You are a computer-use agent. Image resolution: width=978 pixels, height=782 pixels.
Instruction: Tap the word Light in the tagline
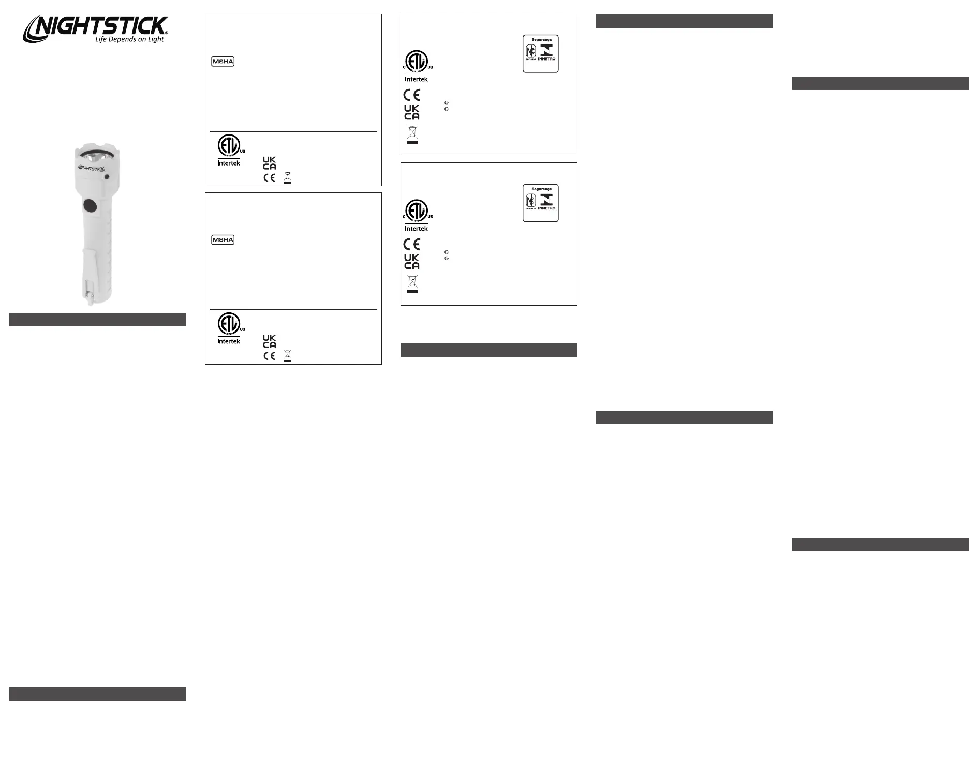pyautogui.click(x=156, y=39)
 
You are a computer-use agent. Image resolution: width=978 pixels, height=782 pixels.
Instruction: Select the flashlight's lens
pyautogui.click(x=97, y=157)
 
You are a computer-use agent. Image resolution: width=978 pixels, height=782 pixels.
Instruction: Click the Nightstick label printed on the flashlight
pyautogui.click(x=92, y=168)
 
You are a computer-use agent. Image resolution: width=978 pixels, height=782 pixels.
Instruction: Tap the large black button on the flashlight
pyautogui.click(x=90, y=206)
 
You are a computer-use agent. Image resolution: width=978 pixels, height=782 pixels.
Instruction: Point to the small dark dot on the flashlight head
pyautogui.click(x=107, y=177)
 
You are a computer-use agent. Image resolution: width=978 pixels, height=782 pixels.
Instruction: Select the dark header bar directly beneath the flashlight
pyautogui.click(x=97, y=320)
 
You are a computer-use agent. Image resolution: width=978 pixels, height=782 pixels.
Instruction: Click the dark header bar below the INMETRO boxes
pyautogui.click(x=488, y=350)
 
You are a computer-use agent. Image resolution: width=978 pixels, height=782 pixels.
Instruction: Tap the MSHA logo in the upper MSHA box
pyautogui.click(x=223, y=62)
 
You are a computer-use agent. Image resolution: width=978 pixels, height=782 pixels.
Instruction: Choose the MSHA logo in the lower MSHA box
pyautogui.click(x=223, y=240)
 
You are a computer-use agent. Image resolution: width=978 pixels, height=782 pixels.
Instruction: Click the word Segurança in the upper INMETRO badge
pyautogui.click(x=541, y=40)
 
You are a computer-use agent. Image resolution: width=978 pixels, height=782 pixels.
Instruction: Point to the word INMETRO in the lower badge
pyautogui.click(x=546, y=208)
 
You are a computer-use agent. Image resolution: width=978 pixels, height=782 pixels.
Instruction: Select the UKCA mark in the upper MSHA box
pyautogui.click(x=269, y=163)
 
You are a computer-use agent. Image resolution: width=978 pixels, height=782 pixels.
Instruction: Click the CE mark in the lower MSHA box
pyautogui.click(x=269, y=356)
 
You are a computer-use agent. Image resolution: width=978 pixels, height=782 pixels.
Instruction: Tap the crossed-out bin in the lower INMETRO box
pyautogui.click(x=412, y=283)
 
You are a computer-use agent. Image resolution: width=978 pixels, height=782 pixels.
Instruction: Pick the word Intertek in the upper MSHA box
pyautogui.click(x=229, y=163)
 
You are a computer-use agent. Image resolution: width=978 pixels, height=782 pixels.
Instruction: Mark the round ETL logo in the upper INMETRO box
pyautogui.click(x=417, y=62)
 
